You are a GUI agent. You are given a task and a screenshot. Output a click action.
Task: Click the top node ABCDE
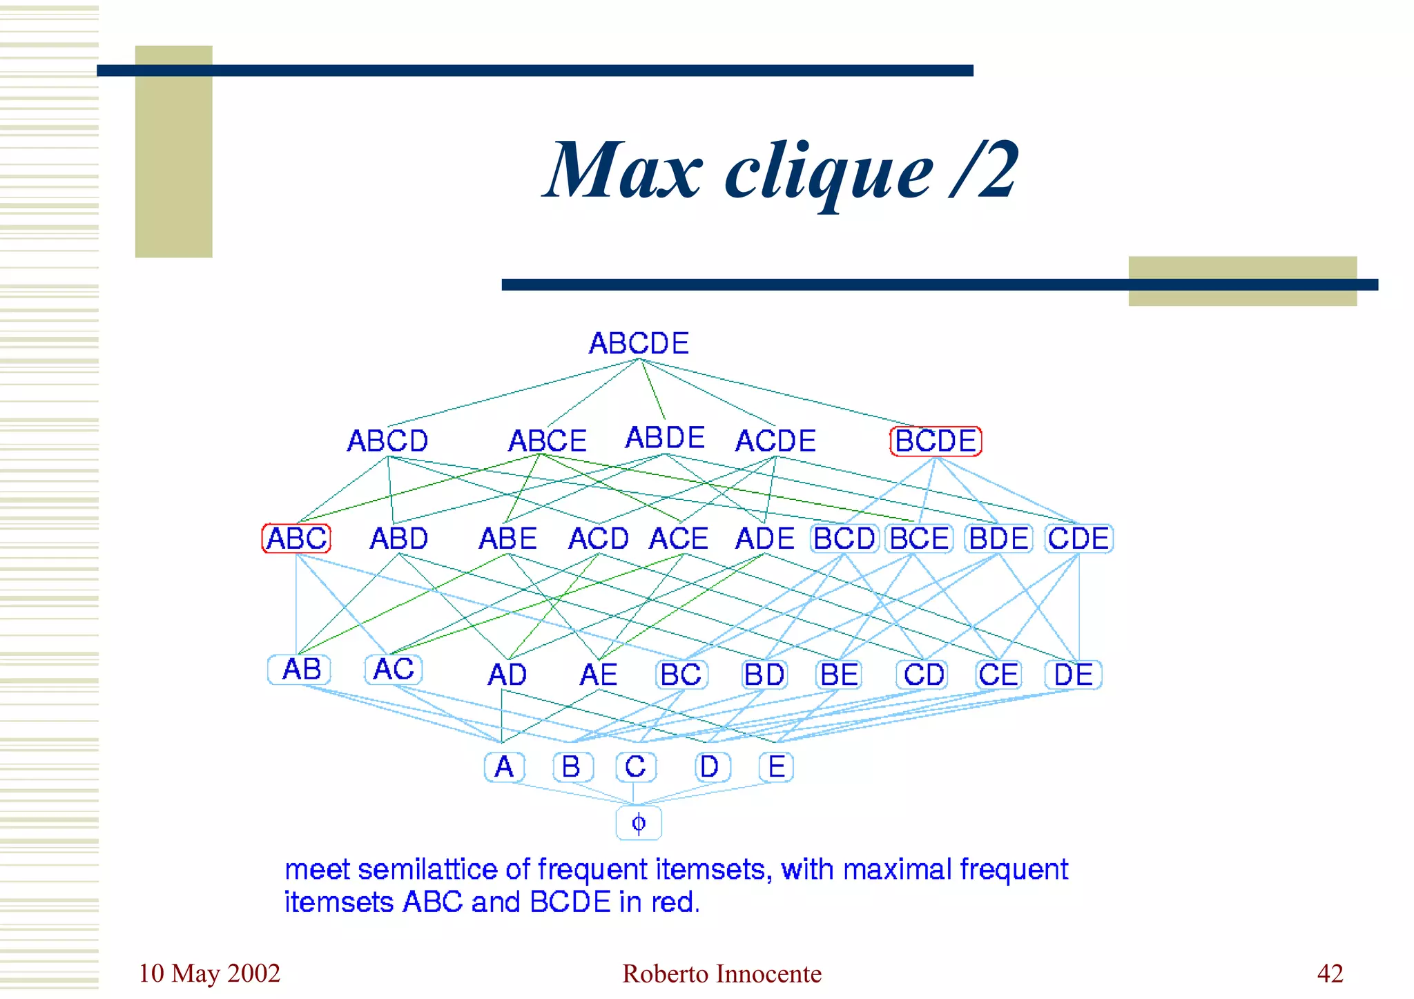[639, 343]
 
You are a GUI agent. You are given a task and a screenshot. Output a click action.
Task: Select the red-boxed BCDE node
[936, 441]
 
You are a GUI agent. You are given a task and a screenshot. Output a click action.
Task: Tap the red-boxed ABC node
[296, 539]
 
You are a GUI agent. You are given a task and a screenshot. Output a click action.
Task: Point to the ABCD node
[387, 441]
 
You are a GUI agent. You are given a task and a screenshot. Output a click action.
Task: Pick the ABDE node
[665, 438]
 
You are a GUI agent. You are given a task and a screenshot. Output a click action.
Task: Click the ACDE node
[775, 441]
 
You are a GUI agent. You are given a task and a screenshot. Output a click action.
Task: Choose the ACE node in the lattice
[679, 539]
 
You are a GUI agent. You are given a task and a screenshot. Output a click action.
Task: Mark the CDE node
[1078, 539]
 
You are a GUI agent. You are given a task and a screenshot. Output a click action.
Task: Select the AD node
[507, 675]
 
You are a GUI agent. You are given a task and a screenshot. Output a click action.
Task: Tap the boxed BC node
[681, 675]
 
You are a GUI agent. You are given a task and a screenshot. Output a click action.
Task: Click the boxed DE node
[1073, 675]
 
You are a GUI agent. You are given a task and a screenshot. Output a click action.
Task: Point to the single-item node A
[504, 767]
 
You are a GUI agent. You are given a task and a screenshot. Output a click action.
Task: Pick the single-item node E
[776, 767]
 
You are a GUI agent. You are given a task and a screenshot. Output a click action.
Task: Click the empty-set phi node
[639, 823]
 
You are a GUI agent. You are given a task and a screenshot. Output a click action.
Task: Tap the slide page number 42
[1330, 973]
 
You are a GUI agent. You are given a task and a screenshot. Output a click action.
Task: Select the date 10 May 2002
[209, 973]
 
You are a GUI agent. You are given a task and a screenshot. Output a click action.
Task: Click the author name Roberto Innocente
[721, 973]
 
